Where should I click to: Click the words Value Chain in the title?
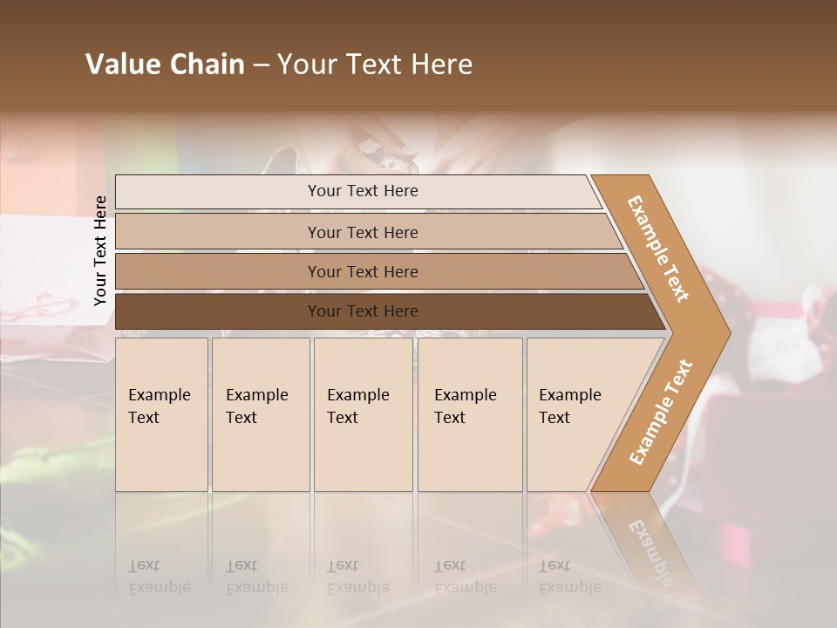[165, 65]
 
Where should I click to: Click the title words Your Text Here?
[375, 65]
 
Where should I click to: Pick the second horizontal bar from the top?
[363, 232]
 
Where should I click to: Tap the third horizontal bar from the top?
[363, 271]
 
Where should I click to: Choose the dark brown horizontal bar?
[363, 311]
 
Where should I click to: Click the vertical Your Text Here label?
[100, 250]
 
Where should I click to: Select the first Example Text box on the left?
[161, 414]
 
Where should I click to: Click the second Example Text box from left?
[260, 414]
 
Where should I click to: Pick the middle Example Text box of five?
[363, 414]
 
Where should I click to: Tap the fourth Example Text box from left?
[469, 414]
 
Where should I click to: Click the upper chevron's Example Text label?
[658, 248]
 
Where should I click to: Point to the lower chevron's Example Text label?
[661, 412]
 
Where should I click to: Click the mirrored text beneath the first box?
[159, 577]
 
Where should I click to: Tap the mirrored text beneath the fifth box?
[569, 577]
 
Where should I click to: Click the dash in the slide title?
[261, 65]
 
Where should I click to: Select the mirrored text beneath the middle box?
[357, 577]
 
